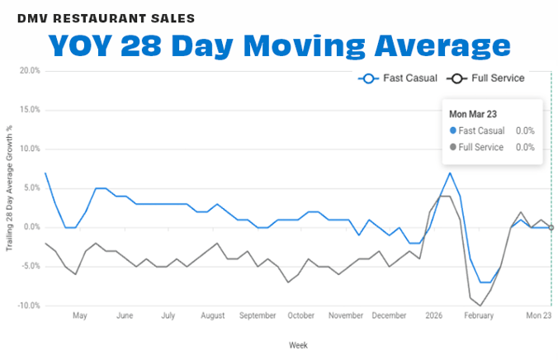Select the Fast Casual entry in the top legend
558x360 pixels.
point(395,78)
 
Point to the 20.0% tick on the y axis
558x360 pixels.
point(29,71)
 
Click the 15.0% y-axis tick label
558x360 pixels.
point(29,110)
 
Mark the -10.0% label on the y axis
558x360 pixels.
point(27,306)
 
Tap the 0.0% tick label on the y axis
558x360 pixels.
point(30,227)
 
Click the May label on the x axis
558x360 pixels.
point(80,315)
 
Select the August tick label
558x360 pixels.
point(213,315)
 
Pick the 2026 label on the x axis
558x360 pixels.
point(433,315)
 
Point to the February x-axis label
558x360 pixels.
point(479,315)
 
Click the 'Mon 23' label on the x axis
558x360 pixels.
point(539,315)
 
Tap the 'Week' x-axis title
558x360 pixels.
point(298,344)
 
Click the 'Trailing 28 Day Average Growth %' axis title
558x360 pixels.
point(9,188)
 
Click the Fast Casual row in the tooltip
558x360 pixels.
point(492,130)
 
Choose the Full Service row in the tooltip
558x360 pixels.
point(492,147)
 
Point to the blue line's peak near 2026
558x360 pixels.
point(450,173)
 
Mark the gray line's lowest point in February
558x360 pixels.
point(480,306)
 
